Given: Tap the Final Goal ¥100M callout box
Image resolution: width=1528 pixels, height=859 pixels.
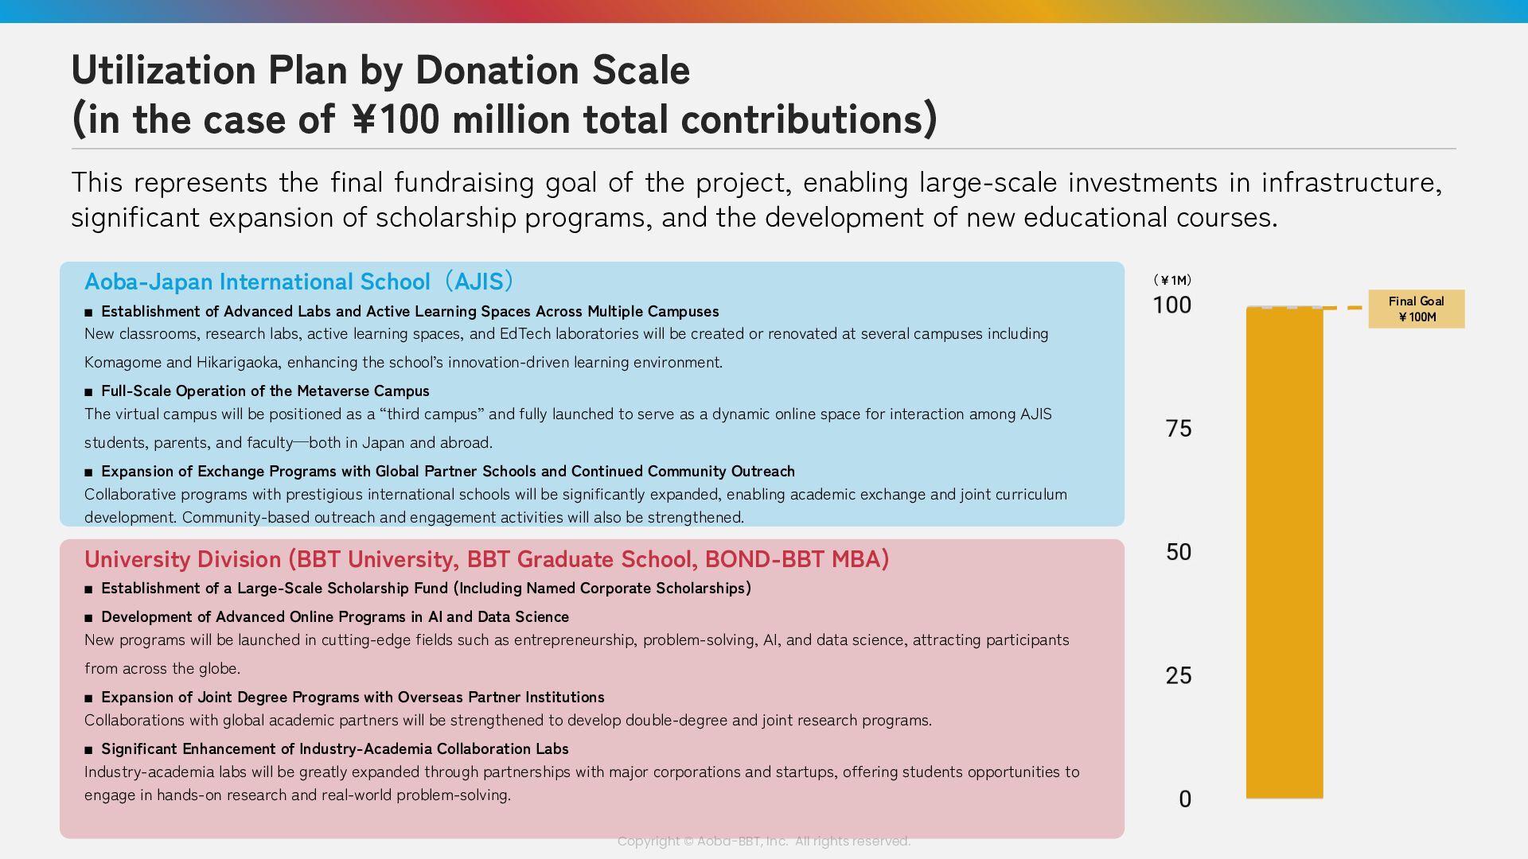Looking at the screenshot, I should (x=1416, y=309).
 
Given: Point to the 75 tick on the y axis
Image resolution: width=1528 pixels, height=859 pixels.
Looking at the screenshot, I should (x=1179, y=429).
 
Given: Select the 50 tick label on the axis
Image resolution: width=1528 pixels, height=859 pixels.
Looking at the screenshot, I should (x=1179, y=552).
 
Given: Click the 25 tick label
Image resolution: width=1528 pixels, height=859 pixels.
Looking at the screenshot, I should (x=1179, y=675).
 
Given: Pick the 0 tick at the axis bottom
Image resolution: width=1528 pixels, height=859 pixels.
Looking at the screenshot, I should (x=1185, y=799).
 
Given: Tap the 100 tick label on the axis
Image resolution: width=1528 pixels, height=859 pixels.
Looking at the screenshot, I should (x=1172, y=305).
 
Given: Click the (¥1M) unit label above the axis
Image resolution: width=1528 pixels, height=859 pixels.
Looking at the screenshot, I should (x=1172, y=280).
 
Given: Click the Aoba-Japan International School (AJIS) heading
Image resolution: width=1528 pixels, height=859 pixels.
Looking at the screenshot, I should (x=299, y=282).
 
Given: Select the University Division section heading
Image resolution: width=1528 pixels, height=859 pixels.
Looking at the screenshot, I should (x=486, y=559).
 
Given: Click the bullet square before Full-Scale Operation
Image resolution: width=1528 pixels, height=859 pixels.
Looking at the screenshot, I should (x=88, y=391).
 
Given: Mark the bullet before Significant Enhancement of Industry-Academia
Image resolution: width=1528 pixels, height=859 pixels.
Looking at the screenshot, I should (x=88, y=749).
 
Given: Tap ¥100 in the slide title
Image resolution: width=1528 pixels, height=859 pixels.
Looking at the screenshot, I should (x=396, y=119).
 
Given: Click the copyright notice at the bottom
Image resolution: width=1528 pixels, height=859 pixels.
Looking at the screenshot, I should (x=764, y=841).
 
